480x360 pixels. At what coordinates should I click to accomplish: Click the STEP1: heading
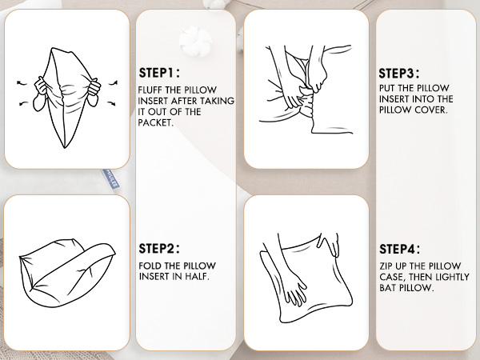pyautogui.click(x=159, y=73)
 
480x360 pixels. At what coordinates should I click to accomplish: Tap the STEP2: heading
pyautogui.click(x=159, y=248)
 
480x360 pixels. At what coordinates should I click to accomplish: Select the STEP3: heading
pyautogui.click(x=399, y=74)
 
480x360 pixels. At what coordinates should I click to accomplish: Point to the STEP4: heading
pyautogui.click(x=400, y=249)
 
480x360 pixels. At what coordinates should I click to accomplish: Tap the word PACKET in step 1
pyautogui.click(x=154, y=122)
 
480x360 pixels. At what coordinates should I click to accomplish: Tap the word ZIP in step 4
pyautogui.click(x=386, y=266)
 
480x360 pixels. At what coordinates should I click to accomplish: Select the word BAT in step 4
pyautogui.click(x=387, y=287)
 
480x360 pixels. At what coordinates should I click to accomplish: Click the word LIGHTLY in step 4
pyautogui.click(x=452, y=277)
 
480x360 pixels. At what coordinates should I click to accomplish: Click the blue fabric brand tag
pyautogui.click(x=110, y=178)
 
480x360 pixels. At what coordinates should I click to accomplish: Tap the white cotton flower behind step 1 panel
pyautogui.click(x=195, y=41)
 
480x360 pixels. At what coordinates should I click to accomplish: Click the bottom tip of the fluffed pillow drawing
pyautogui.click(x=65, y=148)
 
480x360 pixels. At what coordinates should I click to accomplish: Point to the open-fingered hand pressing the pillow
pyautogui.click(x=294, y=291)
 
